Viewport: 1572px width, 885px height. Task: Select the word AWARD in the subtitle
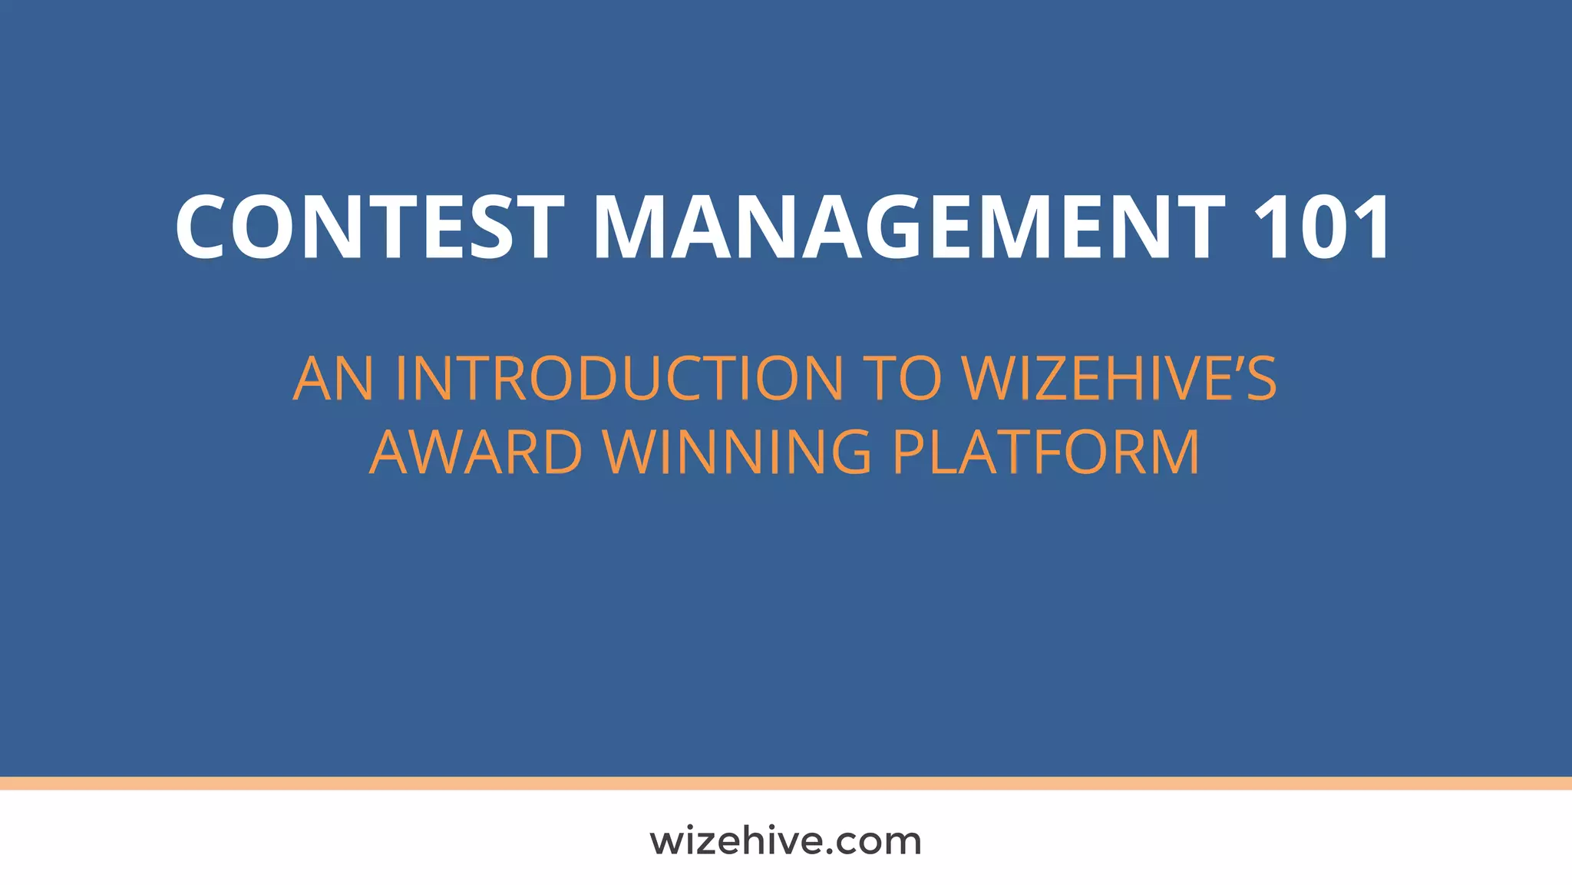pyautogui.click(x=476, y=452)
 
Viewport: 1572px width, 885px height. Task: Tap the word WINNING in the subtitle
pyautogui.click(x=738, y=452)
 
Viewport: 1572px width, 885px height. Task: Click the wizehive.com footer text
pyautogui.click(x=785, y=841)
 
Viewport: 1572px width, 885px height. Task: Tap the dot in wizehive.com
pyautogui.click(x=821, y=852)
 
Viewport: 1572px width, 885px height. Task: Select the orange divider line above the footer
pyautogui.click(x=786, y=783)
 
